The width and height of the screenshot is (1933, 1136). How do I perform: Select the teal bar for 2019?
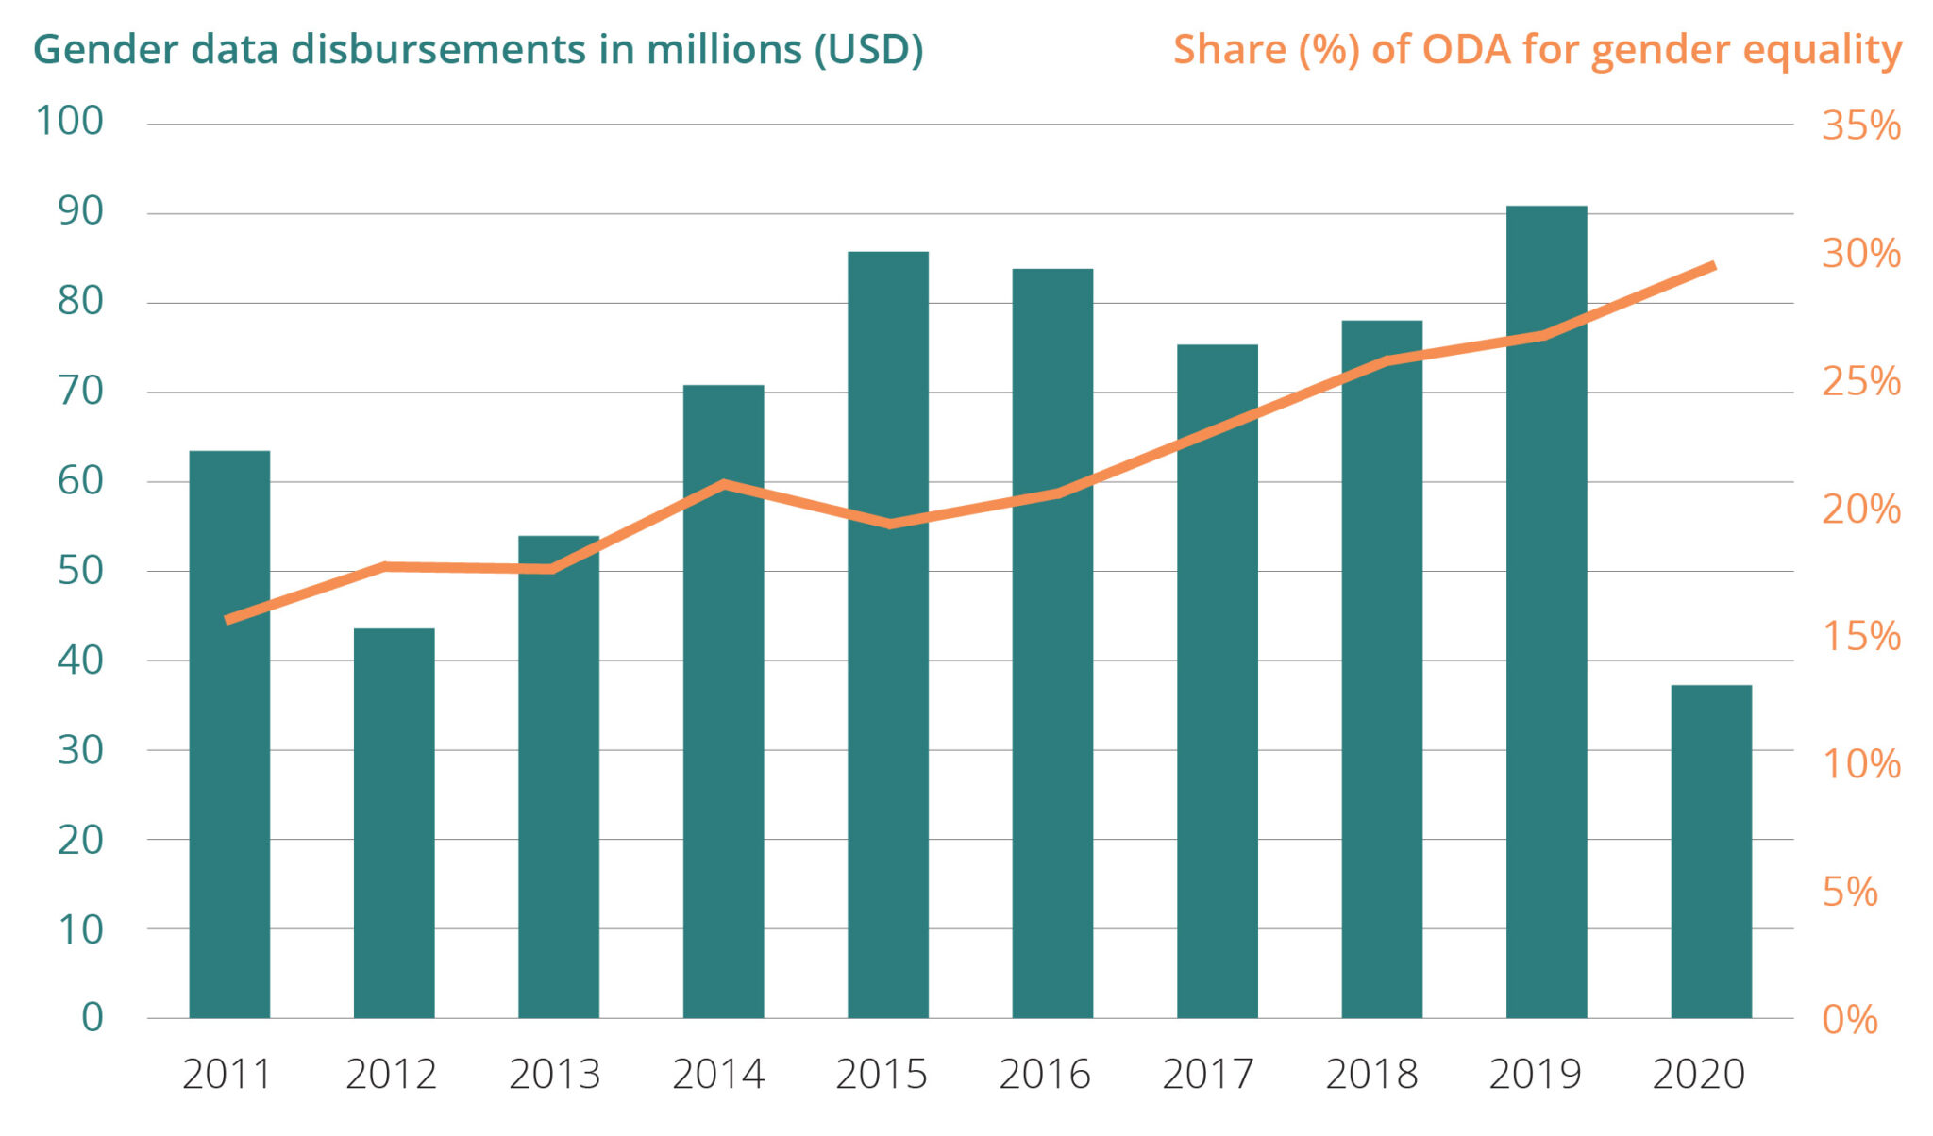click(1546, 611)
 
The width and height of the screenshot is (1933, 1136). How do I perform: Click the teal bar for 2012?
click(395, 823)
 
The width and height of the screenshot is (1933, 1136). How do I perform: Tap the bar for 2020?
click(1711, 851)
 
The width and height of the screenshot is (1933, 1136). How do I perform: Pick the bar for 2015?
click(888, 635)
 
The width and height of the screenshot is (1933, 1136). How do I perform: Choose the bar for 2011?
click(229, 734)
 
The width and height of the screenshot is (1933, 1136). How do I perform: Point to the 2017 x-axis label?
click(1208, 1075)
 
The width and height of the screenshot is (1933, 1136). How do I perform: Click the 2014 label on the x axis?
click(718, 1075)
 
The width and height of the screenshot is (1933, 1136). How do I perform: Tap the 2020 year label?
click(1699, 1075)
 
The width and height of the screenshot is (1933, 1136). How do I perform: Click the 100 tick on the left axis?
click(69, 121)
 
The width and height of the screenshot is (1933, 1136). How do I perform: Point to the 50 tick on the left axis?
click(80, 570)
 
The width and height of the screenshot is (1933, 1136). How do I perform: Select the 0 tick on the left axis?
click(92, 1017)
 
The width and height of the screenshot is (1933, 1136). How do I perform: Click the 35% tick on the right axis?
click(1861, 125)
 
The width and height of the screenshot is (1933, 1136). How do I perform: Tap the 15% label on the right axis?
click(1861, 636)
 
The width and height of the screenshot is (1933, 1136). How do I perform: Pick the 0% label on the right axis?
click(1850, 1019)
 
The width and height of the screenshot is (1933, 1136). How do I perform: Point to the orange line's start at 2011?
click(227, 620)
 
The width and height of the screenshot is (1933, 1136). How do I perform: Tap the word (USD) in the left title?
click(868, 49)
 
